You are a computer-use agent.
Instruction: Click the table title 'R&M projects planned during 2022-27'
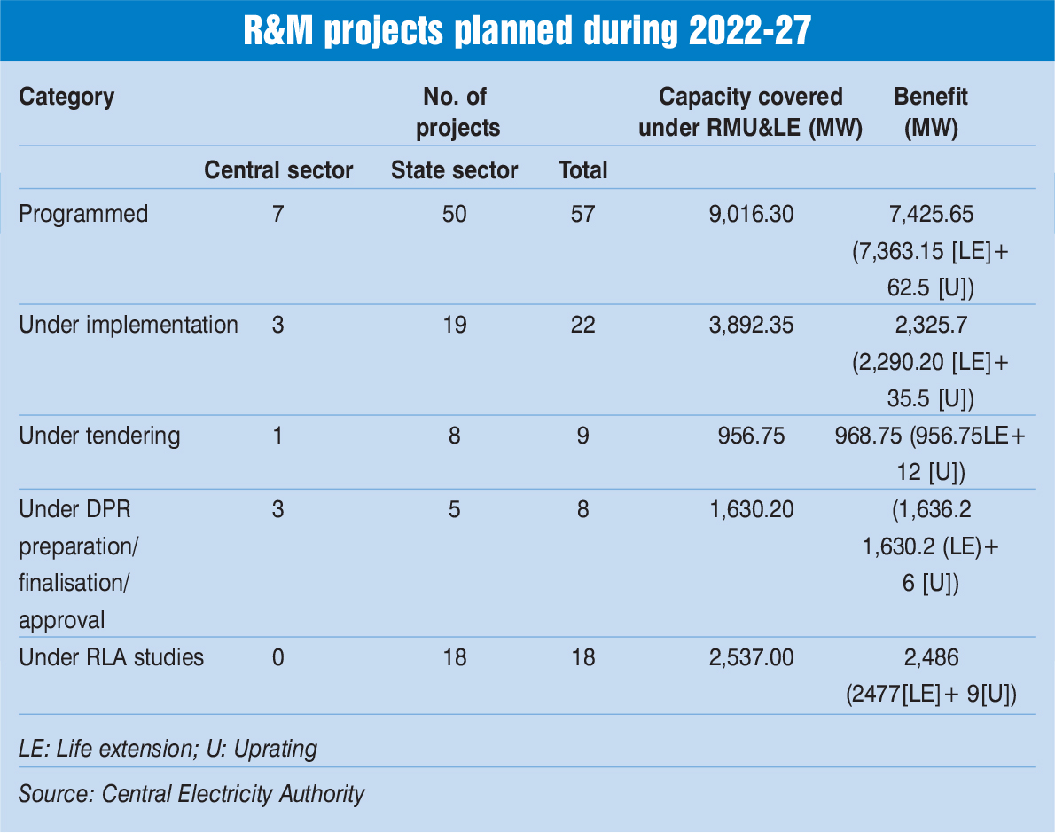pyautogui.click(x=527, y=31)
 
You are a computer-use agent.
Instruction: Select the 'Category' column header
pyautogui.click(x=66, y=97)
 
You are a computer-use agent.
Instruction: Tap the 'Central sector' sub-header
pyautogui.click(x=278, y=169)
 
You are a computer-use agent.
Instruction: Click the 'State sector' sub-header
pyautogui.click(x=454, y=169)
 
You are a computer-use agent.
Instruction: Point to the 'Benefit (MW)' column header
pyautogui.click(x=930, y=112)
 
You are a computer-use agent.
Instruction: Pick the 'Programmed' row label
pyautogui.click(x=83, y=214)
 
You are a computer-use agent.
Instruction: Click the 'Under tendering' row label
pyautogui.click(x=99, y=436)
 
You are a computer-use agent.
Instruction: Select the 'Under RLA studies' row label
pyautogui.click(x=111, y=657)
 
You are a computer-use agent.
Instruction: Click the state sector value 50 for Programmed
pyautogui.click(x=454, y=214)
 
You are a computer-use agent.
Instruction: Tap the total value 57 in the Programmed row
pyautogui.click(x=582, y=214)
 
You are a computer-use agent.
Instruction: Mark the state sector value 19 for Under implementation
pyautogui.click(x=454, y=325)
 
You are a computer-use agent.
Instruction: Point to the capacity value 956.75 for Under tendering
pyautogui.click(x=750, y=436)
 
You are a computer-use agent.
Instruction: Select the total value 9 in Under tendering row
pyautogui.click(x=582, y=436)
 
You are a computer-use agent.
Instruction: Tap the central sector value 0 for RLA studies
pyautogui.click(x=277, y=657)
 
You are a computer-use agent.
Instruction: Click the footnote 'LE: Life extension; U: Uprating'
pyautogui.click(x=168, y=749)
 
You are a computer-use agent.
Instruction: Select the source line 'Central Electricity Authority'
pyautogui.click(x=233, y=793)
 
